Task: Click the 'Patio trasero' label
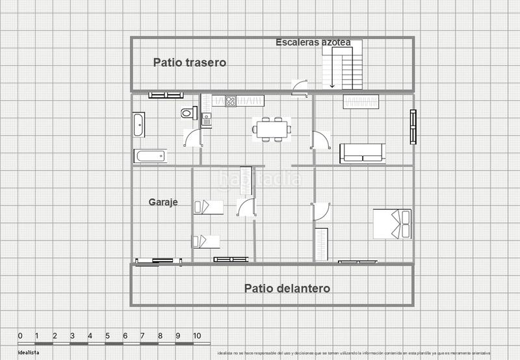[189, 63]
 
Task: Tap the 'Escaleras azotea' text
[313, 42]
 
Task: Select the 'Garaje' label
[162, 202]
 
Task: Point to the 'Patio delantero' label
[287, 288]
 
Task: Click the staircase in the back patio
[342, 65]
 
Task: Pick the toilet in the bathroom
[188, 113]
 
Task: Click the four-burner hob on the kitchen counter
[230, 101]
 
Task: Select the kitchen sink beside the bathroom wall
[206, 120]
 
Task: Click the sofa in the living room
[362, 153]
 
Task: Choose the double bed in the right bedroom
[392, 224]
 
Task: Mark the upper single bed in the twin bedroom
[208, 207]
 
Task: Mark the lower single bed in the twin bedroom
[206, 241]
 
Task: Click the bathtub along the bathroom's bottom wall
[150, 156]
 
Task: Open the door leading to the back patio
[300, 86]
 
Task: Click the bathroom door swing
[192, 138]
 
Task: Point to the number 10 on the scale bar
[196, 336]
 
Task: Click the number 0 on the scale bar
[20, 336]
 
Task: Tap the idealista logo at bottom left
[28, 352]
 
